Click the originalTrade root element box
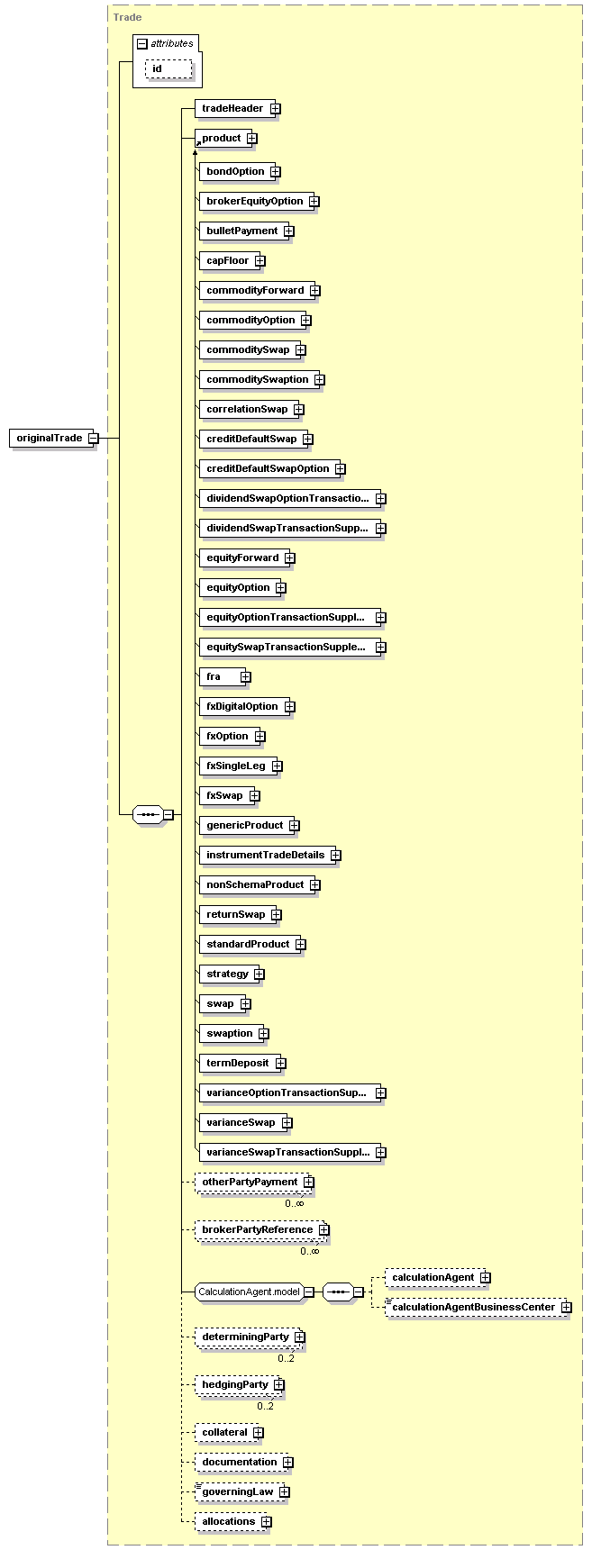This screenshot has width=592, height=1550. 50,439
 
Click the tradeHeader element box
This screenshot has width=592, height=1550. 232,109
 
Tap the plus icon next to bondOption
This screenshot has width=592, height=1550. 276,172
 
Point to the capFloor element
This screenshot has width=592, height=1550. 227,261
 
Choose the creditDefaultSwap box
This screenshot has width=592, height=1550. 250,440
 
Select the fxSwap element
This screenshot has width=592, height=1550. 224,796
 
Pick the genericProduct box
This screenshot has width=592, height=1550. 244,826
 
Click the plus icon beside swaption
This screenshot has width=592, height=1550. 264,1034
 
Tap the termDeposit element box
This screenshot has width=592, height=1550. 237,1064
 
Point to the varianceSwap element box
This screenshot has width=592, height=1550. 241,1123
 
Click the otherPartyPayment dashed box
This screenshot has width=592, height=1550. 249,1183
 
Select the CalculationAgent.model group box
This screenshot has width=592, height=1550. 249,1292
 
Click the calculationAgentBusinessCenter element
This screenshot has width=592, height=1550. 473,1308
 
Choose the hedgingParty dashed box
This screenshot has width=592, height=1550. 234,1385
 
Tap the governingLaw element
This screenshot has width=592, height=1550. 237,1492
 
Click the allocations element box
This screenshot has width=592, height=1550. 228,1522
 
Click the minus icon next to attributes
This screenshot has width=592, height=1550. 141,44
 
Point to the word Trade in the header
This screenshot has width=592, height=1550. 127,17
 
